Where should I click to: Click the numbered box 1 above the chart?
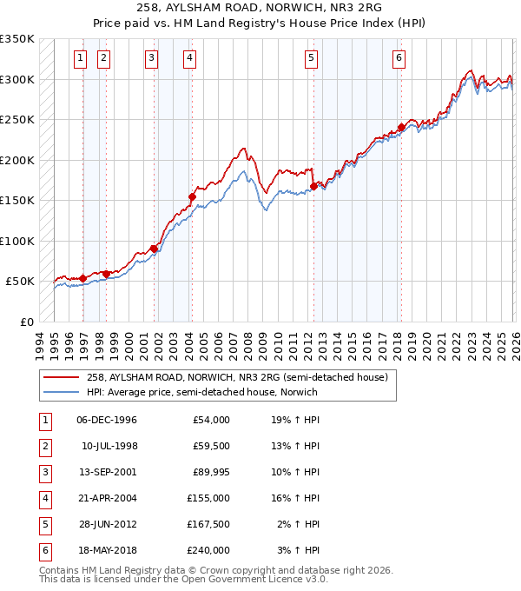(x=80, y=58)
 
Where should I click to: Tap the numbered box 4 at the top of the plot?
(x=188, y=58)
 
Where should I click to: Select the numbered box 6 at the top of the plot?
(x=398, y=58)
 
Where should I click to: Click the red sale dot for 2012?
(x=313, y=186)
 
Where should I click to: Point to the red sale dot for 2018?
(x=401, y=127)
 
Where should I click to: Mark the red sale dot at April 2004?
(x=192, y=196)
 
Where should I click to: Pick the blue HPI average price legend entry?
(x=201, y=392)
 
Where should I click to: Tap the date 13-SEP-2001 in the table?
(x=106, y=472)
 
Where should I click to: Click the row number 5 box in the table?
(x=43, y=524)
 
